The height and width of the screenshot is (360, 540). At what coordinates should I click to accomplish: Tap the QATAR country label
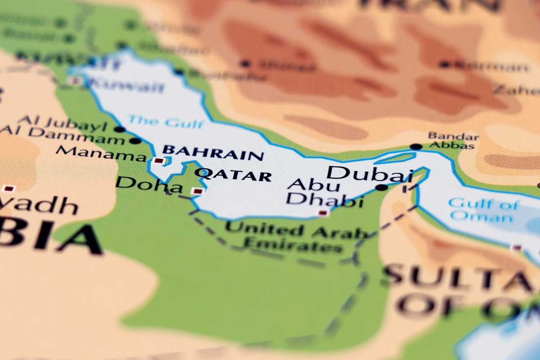[234, 175]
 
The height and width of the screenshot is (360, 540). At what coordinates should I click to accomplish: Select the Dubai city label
[363, 173]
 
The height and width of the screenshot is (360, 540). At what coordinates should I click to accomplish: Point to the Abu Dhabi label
[324, 193]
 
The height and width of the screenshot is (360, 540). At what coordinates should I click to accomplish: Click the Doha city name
[142, 184]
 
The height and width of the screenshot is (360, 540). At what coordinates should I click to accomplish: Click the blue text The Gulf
[166, 121]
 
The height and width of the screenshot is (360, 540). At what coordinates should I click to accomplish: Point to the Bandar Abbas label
[453, 140]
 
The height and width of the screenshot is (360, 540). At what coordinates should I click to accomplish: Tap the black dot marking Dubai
[382, 187]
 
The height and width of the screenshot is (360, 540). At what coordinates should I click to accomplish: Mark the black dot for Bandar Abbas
[416, 146]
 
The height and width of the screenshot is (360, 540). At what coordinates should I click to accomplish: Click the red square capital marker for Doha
[197, 191]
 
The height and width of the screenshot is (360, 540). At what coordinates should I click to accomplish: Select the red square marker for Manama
[158, 160]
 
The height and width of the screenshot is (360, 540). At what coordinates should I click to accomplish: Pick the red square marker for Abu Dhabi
[323, 213]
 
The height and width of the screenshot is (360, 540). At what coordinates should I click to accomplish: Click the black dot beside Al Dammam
[135, 140]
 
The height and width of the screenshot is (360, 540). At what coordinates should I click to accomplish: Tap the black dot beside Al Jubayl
[119, 129]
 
